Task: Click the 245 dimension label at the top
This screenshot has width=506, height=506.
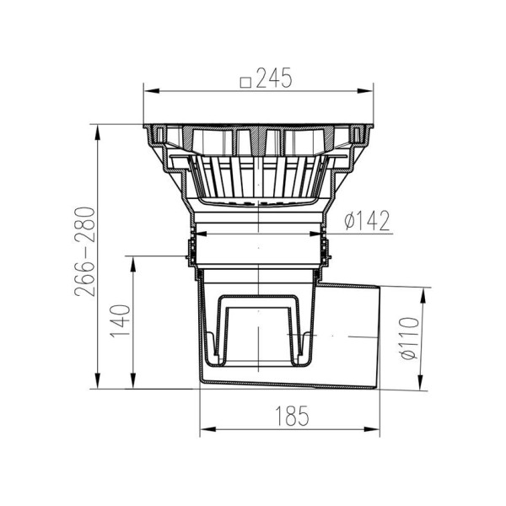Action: [x=274, y=78]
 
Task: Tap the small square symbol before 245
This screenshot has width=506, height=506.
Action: [x=246, y=83]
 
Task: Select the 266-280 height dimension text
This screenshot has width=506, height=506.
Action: [x=85, y=251]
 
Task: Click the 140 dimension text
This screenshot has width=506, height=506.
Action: [x=121, y=320]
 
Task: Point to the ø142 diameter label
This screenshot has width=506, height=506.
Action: [x=367, y=221]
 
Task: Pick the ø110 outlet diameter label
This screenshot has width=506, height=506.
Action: [x=409, y=338]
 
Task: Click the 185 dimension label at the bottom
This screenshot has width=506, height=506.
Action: [x=292, y=415]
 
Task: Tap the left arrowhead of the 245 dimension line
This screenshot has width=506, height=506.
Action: [x=151, y=91]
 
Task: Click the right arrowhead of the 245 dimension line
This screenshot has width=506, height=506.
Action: [x=365, y=91]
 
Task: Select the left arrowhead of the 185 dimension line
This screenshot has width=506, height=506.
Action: [x=207, y=429]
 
